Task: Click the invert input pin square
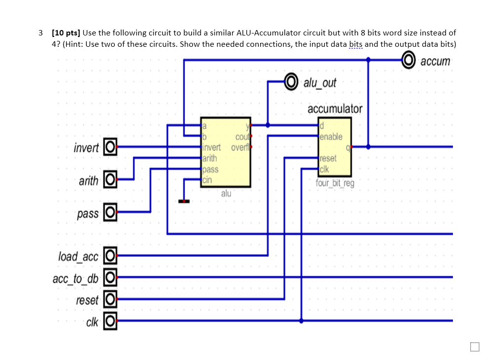[x=110, y=147]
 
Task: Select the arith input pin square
[x=110, y=180]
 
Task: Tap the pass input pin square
[x=110, y=213]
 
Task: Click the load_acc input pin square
[x=110, y=256]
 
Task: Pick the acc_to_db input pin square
[x=110, y=278]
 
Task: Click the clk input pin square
[x=110, y=322]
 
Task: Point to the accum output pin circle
[x=409, y=60]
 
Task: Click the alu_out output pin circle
[x=292, y=81]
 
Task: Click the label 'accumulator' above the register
[x=335, y=108]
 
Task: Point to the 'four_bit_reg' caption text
[x=335, y=184]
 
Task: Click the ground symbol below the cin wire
[x=184, y=201]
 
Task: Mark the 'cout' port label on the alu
[x=242, y=136]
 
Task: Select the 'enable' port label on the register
[x=331, y=136]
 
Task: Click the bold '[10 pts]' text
[x=66, y=33]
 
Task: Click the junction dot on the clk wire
[x=302, y=321]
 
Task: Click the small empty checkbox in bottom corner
[x=474, y=347]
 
